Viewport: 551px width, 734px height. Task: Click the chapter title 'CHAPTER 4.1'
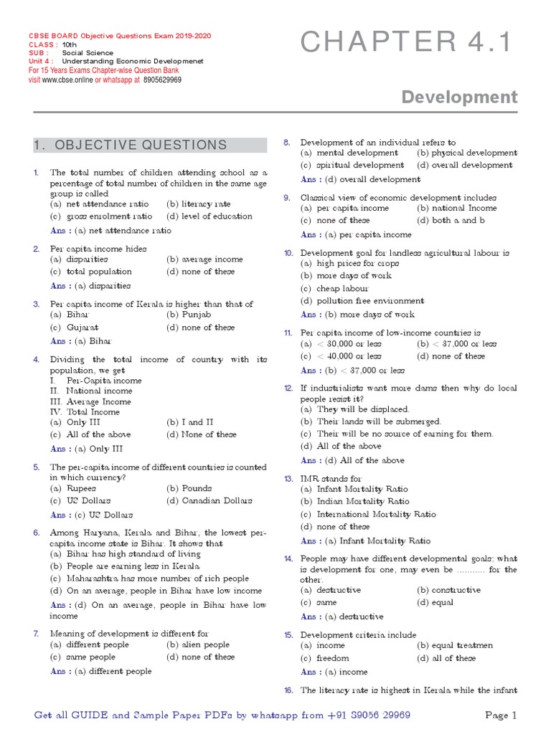point(406,43)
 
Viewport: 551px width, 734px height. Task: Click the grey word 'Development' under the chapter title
point(459,97)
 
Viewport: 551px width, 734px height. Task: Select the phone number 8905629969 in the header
point(161,80)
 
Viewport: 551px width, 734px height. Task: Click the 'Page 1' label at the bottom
point(501,715)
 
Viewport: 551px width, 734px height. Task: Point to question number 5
point(36,467)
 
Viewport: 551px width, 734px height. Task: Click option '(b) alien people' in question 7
point(198,645)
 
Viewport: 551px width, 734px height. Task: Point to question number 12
point(288,388)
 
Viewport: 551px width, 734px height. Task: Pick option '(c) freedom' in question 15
point(325,658)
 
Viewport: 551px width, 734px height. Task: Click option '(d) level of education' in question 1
point(209,216)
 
